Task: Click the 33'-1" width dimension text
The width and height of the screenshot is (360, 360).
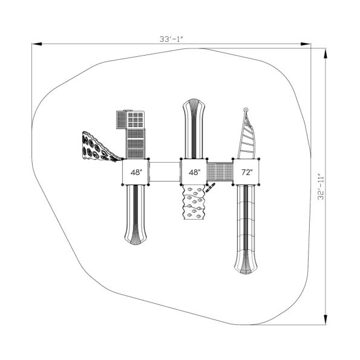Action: pos(171,39)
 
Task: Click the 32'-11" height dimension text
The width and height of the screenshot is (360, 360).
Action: pos(321,188)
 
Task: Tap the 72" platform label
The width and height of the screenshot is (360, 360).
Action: pos(247,172)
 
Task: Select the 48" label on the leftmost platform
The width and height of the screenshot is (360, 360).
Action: pos(136,172)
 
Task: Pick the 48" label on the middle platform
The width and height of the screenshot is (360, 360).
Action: pos(194,172)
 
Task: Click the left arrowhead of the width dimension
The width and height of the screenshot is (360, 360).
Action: pos(37,44)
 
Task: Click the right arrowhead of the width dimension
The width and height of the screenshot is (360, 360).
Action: pos(306,44)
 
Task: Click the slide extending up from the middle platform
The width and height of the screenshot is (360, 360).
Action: pos(194,128)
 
